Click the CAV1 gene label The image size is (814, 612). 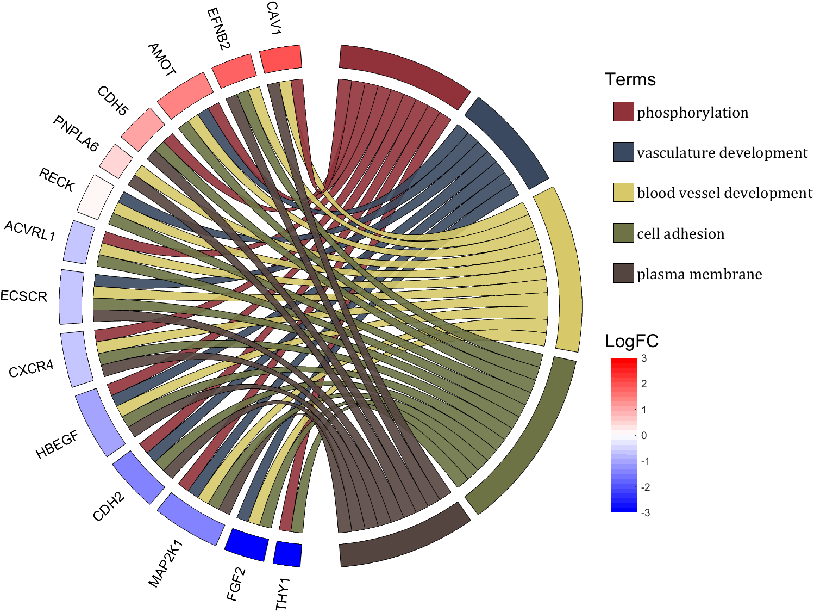(x=273, y=18)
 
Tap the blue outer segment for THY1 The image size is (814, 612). (x=287, y=554)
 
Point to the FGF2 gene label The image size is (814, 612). (x=236, y=584)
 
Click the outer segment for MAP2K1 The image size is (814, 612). (x=191, y=519)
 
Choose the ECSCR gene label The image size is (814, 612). (x=24, y=296)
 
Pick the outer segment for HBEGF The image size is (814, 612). (x=100, y=422)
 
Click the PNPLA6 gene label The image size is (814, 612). (x=76, y=134)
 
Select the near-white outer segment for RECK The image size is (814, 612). (x=96, y=196)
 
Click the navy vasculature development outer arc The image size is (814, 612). (x=506, y=143)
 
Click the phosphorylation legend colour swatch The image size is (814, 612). (x=623, y=112)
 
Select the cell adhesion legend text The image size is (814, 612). (x=680, y=234)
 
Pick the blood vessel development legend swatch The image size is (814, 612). (x=623, y=193)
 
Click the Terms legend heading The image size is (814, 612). (x=630, y=79)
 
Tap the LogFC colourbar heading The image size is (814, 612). (x=631, y=341)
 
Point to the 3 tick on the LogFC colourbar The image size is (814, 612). (x=644, y=358)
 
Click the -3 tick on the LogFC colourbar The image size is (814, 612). (x=645, y=512)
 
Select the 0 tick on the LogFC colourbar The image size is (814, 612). (x=644, y=435)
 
